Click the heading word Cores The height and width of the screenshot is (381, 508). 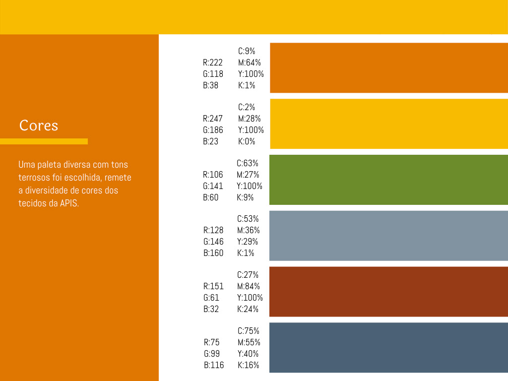39,126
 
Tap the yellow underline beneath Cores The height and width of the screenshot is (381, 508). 44,141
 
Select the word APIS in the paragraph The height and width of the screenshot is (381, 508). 69,203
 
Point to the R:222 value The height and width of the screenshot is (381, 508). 212,63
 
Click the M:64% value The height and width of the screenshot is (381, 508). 249,63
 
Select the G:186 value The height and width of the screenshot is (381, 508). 213,130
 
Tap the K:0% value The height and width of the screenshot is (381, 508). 247,141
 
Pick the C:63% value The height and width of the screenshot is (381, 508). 247,163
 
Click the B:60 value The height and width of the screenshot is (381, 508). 210,197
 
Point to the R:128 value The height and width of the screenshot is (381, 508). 213,230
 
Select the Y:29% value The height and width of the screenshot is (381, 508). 248,242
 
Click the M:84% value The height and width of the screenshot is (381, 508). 249,286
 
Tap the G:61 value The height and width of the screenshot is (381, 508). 211,298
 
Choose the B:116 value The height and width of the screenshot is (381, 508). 214,365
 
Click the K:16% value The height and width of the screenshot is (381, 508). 248,365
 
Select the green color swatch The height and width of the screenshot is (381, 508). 388,180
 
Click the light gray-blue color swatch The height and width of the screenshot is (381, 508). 388,236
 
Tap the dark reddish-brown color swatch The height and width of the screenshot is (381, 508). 388,292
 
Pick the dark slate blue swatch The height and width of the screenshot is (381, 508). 388,348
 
